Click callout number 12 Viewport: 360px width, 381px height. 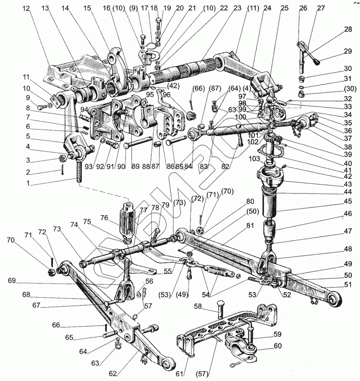click(26, 9)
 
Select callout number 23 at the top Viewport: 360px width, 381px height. click(223, 9)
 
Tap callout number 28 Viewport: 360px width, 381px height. click(348, 29)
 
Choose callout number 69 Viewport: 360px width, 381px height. click(12, 279)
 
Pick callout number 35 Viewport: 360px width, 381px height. click(348, 122)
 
